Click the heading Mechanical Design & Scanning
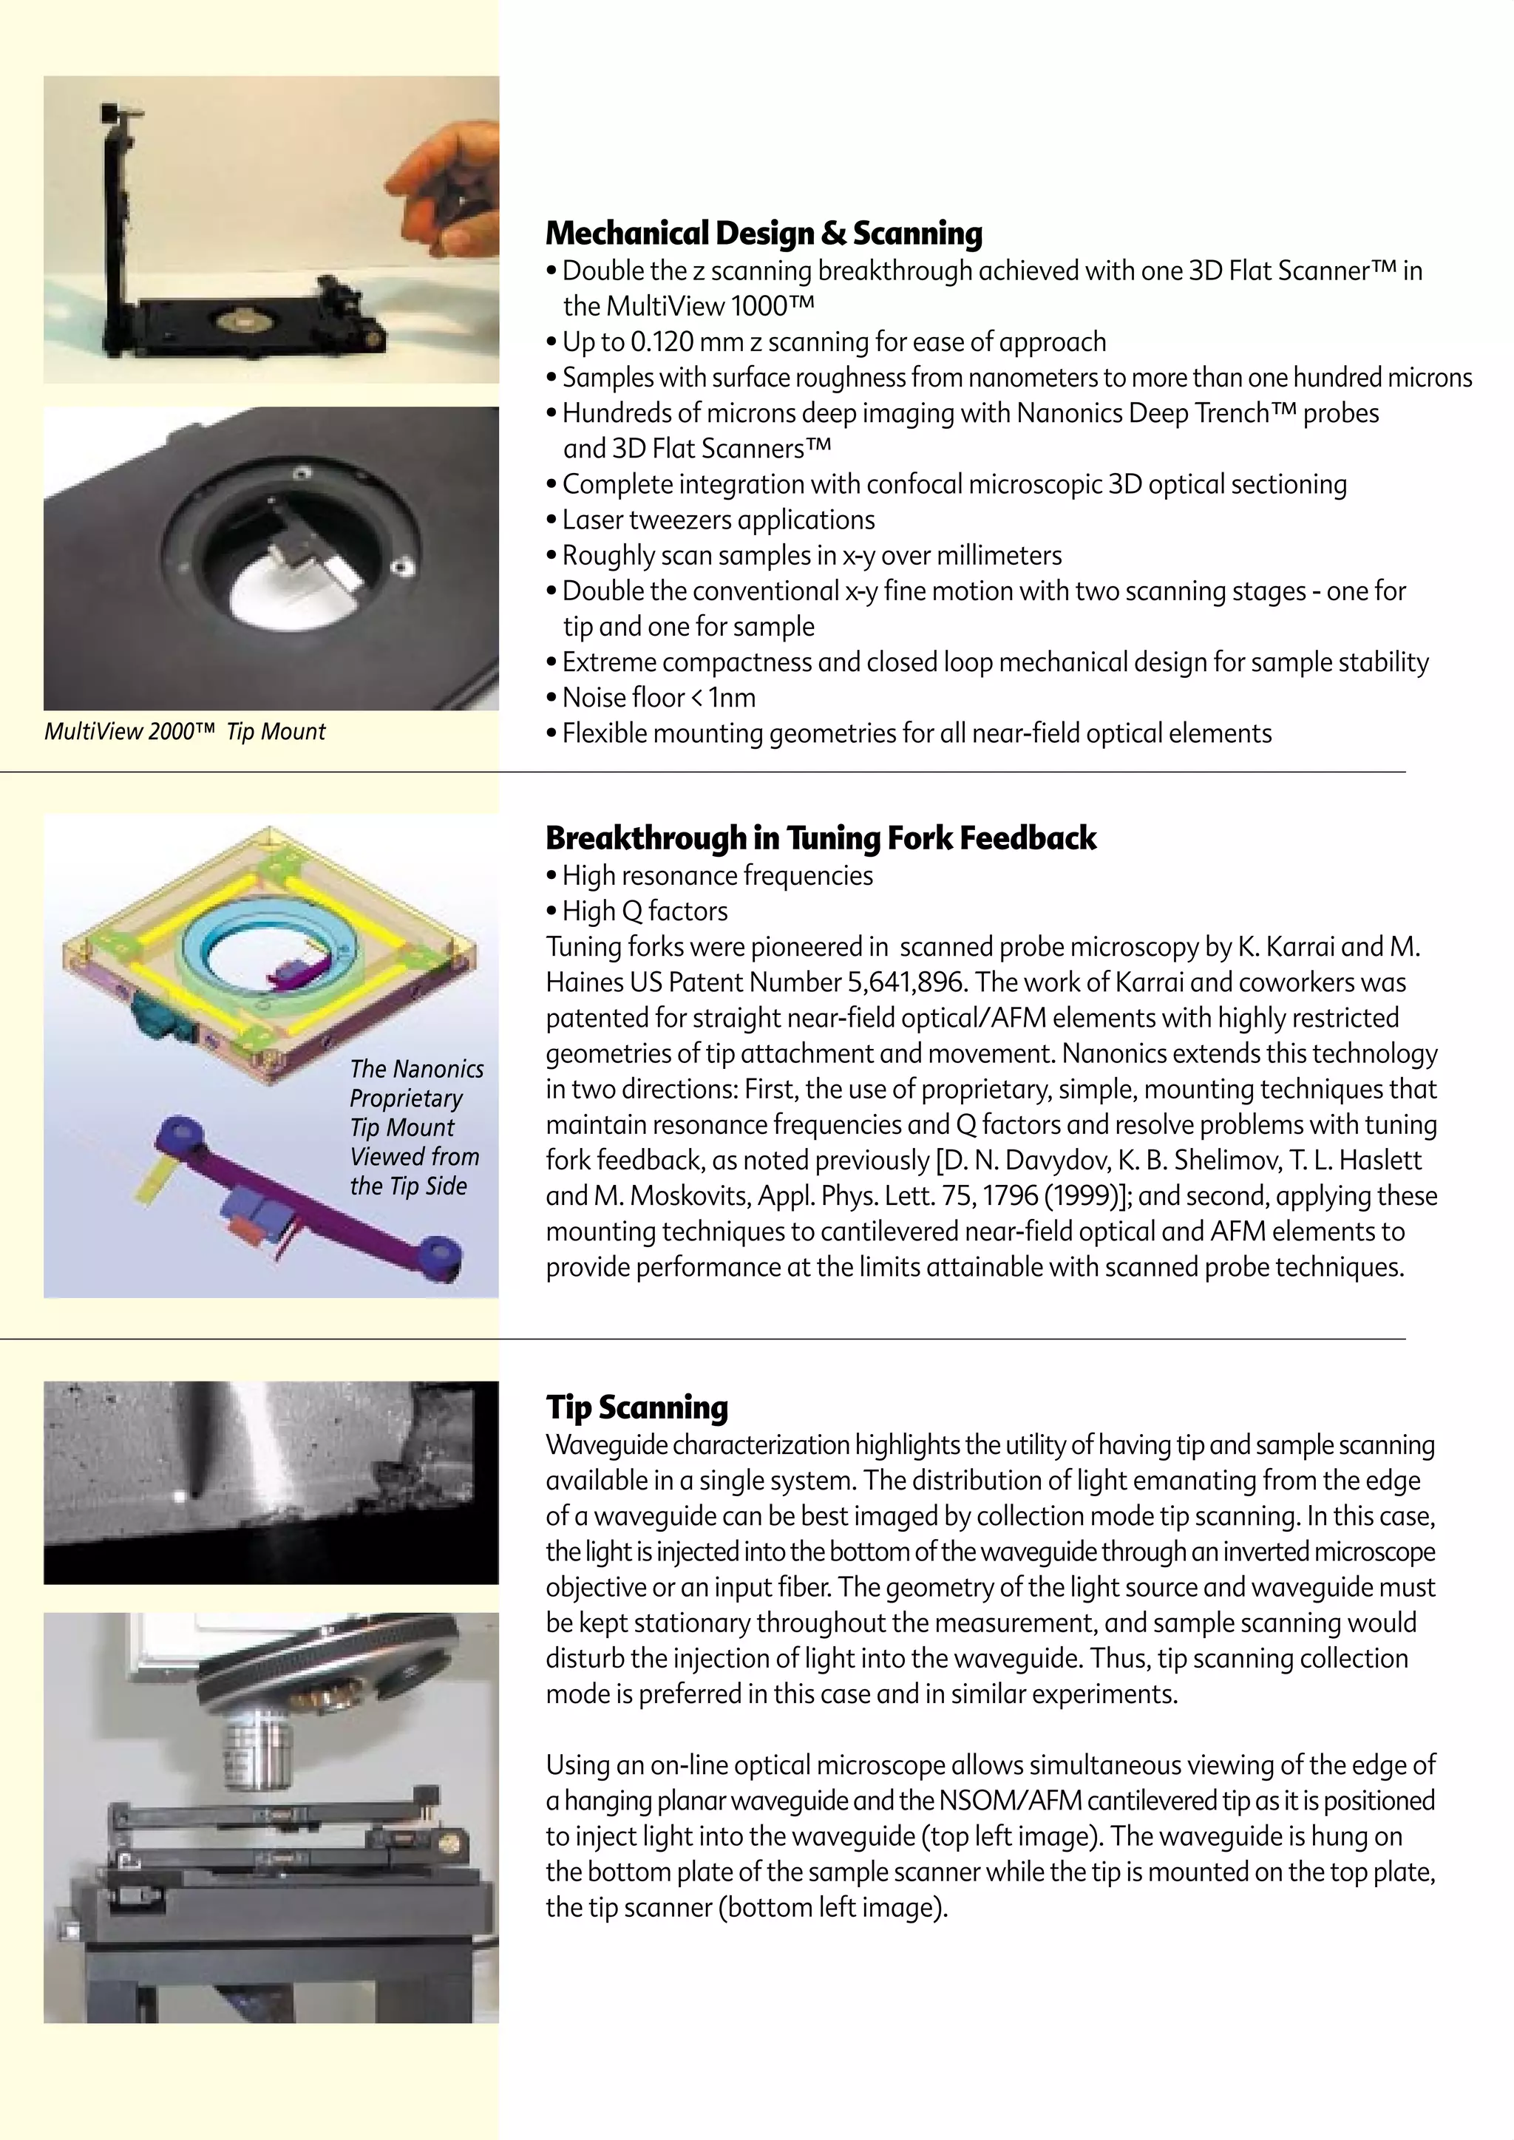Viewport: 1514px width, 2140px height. tap(764, 233)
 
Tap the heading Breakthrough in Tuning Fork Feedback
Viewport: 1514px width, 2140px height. tap(821, 838)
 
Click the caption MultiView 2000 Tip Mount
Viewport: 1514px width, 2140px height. tap(185, 732)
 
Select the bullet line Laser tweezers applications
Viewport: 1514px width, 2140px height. tap(718, 520)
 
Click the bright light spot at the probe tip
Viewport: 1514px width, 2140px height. tap(179, 1497)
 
